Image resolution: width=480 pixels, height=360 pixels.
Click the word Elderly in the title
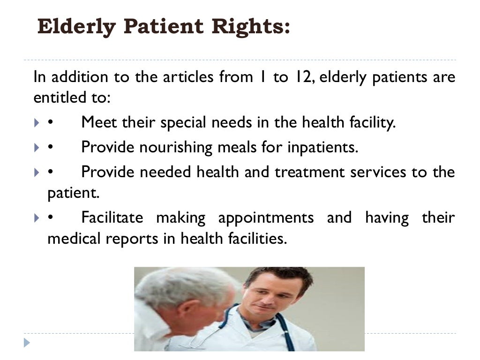coord(77,27)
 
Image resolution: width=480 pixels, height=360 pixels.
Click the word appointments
coord(266,218)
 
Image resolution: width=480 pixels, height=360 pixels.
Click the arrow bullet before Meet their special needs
coord(37,123)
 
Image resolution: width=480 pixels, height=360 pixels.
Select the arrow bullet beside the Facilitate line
coord(37,218)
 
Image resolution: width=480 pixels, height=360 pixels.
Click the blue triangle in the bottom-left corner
coord(27,343)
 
